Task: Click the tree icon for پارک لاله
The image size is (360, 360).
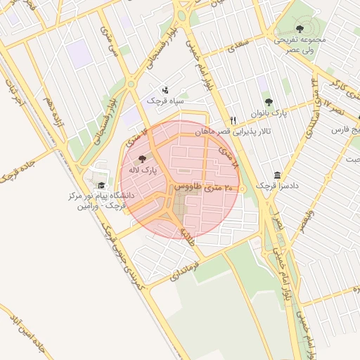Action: coord(143,160)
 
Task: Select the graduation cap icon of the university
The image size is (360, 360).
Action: coord(101,185)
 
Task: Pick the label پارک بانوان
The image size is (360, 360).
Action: coord(271,113)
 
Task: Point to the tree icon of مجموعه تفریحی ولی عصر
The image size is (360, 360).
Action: coord(300,29)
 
